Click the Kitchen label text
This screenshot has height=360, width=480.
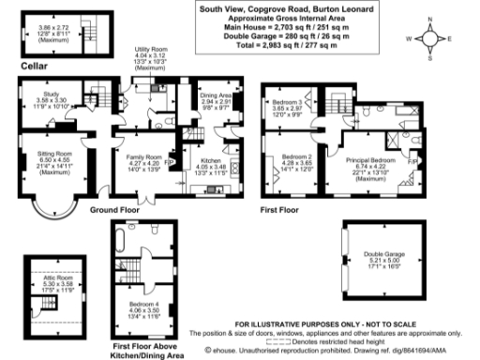209,163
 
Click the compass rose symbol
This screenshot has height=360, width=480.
429,41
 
